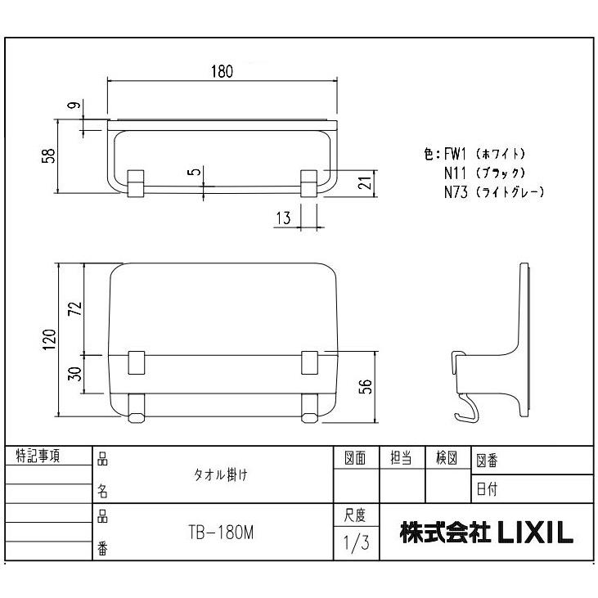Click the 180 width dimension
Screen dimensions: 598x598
222,71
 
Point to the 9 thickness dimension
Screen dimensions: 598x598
72,106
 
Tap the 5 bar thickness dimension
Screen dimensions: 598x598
191,173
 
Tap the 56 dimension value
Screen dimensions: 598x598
367,386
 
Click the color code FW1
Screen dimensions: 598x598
456,154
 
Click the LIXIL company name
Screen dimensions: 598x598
486,533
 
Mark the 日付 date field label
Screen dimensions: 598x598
488,490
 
